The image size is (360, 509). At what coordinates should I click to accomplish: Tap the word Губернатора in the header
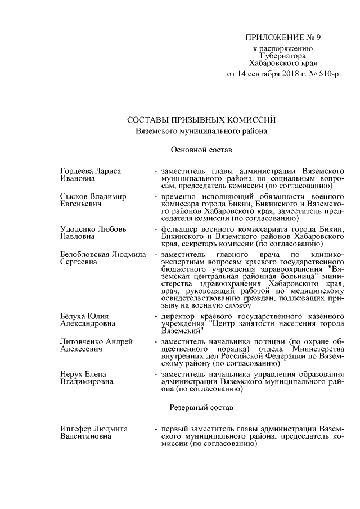pos(283,56)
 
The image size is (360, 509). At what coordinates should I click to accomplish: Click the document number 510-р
pos(326,74)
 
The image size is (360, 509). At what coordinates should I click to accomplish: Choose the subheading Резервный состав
pos(200,406)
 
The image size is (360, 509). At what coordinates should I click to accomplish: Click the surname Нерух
pos(71,374)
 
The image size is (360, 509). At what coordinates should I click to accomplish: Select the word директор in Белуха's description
pos(179,316)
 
